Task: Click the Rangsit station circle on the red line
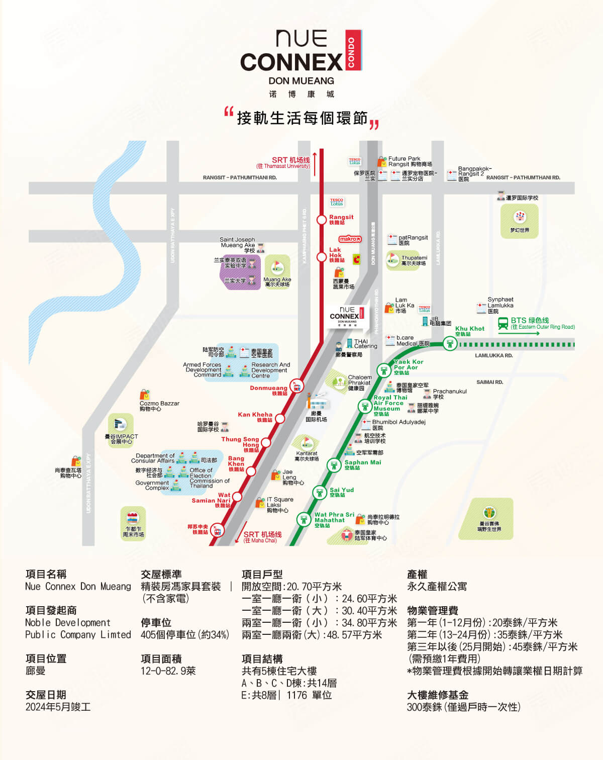click(322, 220)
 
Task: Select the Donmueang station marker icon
click(297, 387)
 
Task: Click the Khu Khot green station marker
click(450, 344)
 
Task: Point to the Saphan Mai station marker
click(334, 465)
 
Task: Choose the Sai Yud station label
click(341, 492)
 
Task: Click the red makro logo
click(350, 239)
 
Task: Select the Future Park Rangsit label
click(410, 161)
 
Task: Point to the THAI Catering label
click(365, 344)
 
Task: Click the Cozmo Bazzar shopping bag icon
click(145, 395)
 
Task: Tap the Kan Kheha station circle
click(280, 418)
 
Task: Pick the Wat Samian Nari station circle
click(237, 497)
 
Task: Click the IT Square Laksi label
click(279, 505)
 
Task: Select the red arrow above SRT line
click(315, 163)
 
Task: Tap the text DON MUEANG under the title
click(301, 81)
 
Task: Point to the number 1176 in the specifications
click(296, 695)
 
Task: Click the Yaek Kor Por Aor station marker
click(384, 370)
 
